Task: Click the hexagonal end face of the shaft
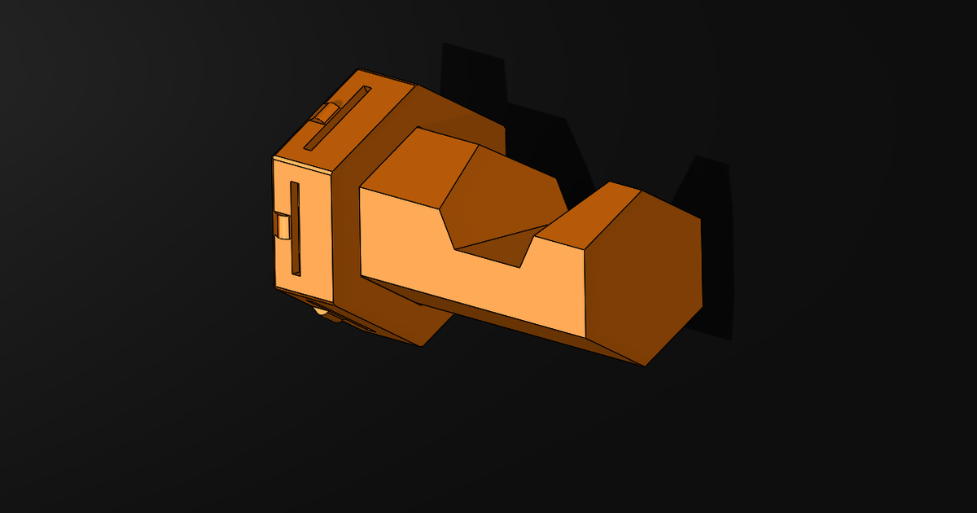(x=643, y=277)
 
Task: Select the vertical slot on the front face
(x=295, y=228)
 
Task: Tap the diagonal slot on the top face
(x=337, y=118)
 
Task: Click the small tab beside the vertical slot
(x=283, y=226)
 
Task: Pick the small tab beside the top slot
(x=327, y=112)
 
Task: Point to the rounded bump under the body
(x=322, y=310)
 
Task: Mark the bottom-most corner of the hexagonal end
(x=646, y=366)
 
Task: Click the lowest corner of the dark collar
(x=421, y=346)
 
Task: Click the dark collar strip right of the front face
(x=345, y=244)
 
